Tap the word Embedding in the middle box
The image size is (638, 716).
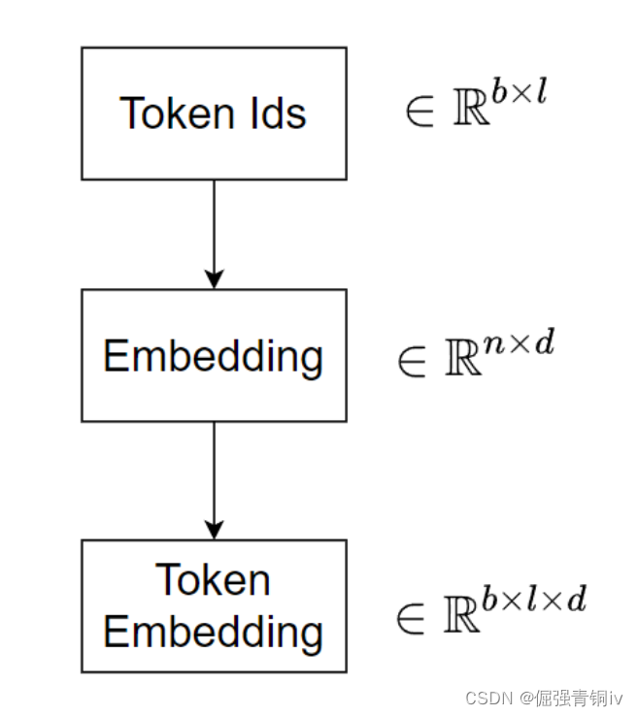[x=213, y=357]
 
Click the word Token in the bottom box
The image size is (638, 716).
[x=213, y=580]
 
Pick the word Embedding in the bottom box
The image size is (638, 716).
[x=213, y=633]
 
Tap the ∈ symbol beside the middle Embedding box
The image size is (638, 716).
[x=413, y=361]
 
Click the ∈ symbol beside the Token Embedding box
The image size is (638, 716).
[x=413, y=617]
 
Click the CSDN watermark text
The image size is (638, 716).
[x=487, y=699]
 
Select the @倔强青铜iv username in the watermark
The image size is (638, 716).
[x=570, y=699]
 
